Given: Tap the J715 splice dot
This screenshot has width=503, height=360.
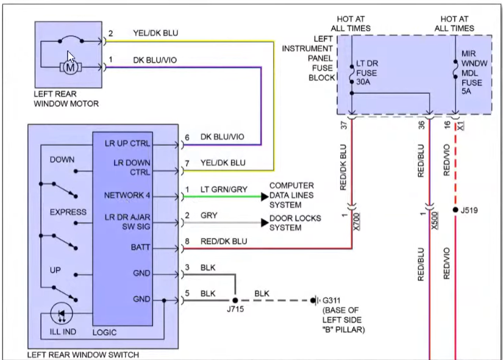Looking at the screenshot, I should [x=235, y=300].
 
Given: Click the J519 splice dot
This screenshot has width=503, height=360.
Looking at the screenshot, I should [x=455, y=210].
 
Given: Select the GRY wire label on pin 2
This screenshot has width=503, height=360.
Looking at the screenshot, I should [x=209, y=216].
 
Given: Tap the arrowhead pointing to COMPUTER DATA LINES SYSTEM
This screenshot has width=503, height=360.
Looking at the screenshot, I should [x=264, y=196].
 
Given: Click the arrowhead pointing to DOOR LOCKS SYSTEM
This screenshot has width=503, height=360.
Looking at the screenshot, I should [x=264, y=223].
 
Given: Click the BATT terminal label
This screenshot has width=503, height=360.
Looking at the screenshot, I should [x=140, y=248].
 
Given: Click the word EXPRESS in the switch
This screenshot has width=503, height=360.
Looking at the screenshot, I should [x=68, y=212].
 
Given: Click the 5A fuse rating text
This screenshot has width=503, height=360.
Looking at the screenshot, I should [x=466, y=91].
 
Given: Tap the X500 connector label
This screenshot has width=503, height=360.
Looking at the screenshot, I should [x=435, y=220].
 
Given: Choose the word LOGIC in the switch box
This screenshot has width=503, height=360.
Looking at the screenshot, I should [x=104, y=333].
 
